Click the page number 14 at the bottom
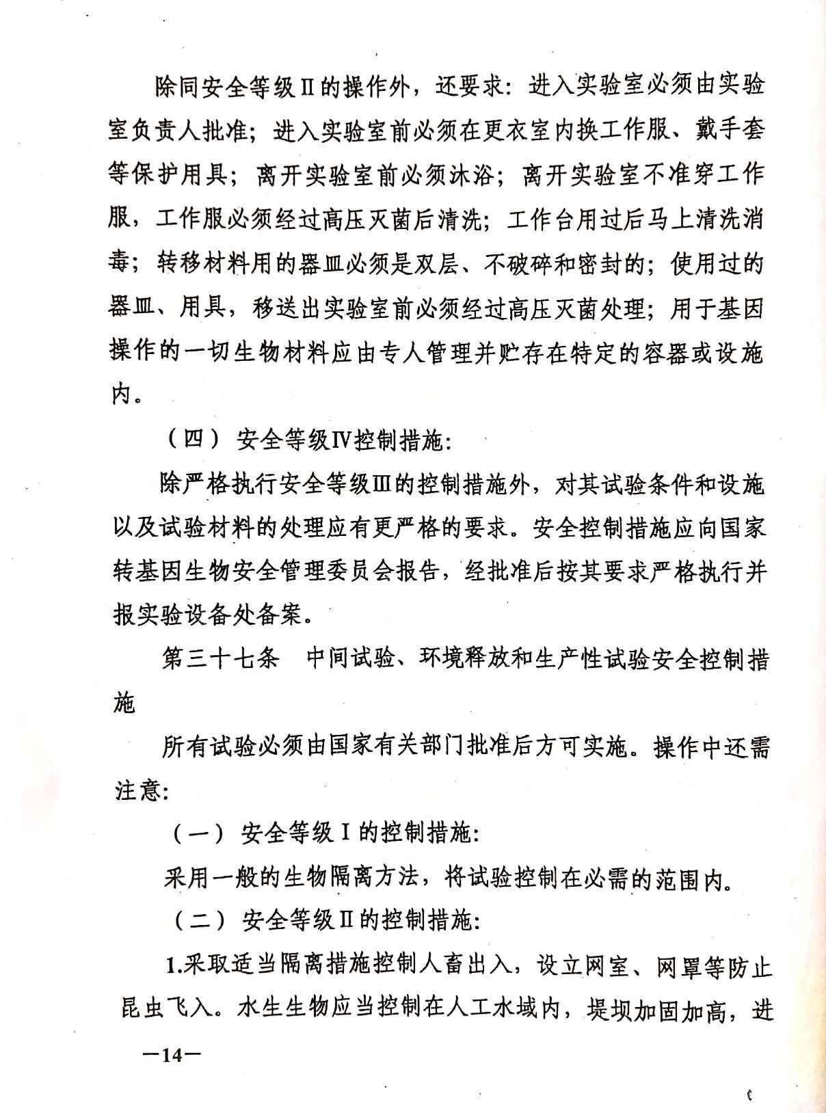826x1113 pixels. (170, 1055)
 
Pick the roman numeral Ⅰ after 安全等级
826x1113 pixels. (346, 833)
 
